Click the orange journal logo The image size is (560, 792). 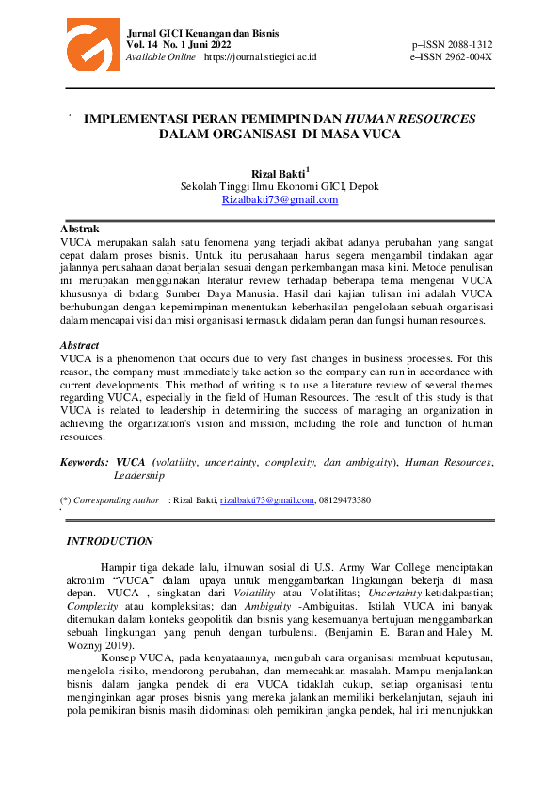[x=92, y=43]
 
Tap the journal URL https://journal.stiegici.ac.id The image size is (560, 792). [x=260, y=56]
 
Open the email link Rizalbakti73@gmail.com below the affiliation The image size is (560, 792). [x=280, y=199]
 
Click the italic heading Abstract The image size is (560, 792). [x=80, y=345]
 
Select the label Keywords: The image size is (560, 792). [x=84, y=463]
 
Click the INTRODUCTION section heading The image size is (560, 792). [x=109, y=541]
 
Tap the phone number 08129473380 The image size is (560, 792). [x=344, y=500]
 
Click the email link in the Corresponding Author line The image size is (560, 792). [x=266, y=500]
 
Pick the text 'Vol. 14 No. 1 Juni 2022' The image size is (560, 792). [x=179, y=45]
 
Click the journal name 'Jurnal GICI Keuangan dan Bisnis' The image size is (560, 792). [x=196, y=33]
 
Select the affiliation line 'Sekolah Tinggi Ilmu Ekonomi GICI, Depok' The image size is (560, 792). [x=280, y=186]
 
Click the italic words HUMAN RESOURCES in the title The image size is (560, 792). [x=411, y=119]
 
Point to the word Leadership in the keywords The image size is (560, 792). [x=139, y=476]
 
